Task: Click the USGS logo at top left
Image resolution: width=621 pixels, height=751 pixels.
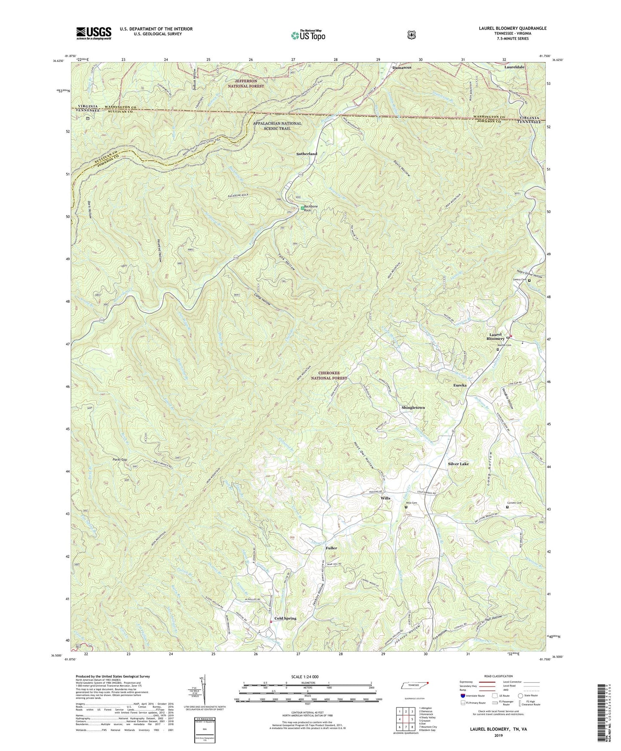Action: (x=94, y=33)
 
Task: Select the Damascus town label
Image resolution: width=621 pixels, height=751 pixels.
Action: (x=401, y=68)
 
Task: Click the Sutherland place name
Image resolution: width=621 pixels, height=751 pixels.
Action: (x=307, y=154)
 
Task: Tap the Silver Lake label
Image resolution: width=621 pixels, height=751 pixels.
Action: (x=458, y=464)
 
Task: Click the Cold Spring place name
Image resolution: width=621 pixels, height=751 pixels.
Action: (x=285, y=618)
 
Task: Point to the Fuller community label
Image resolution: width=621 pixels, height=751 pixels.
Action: (x=331, y=548)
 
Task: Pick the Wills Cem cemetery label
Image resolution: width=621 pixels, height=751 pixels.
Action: (x=412, y=503)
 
